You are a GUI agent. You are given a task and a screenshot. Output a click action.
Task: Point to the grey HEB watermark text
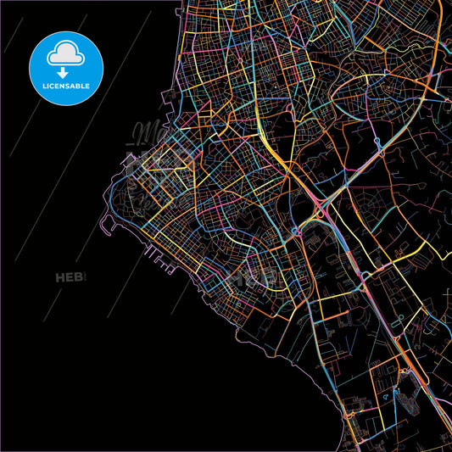[x=72, y=277]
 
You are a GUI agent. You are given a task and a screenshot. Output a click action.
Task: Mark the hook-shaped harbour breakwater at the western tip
[x=106, y=222]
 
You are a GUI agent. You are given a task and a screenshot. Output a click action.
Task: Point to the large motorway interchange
[x=320, y=208]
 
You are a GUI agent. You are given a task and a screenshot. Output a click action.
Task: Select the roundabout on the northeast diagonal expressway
[x=376, y=143]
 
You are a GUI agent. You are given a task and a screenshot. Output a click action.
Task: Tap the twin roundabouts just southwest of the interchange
[x=296, y=230]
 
